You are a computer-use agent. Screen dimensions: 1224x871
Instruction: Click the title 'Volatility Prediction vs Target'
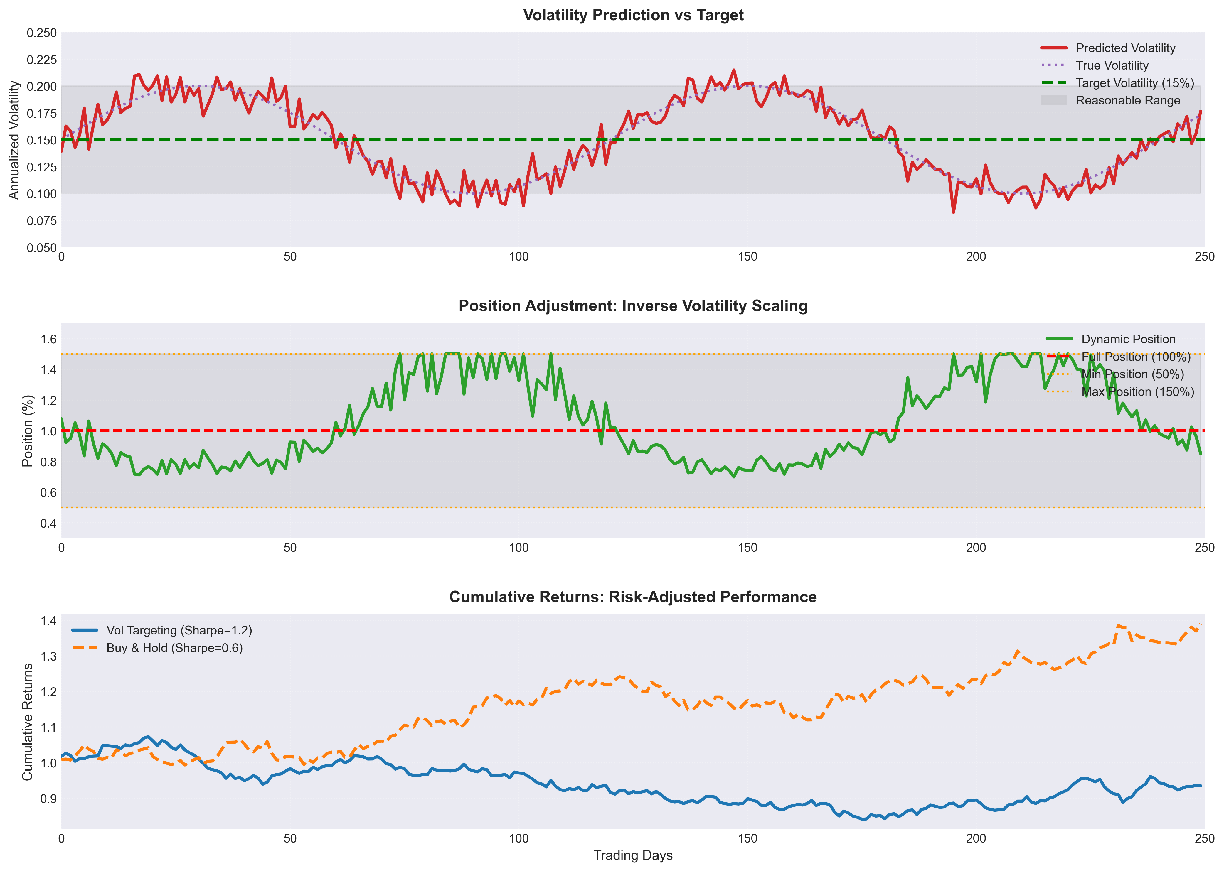click(633, 15)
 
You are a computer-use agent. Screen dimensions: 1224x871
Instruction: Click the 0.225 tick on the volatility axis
click(42, 60)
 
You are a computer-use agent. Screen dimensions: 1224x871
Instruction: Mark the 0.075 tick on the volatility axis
click(42, 220)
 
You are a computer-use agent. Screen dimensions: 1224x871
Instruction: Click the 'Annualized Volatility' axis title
click(14, 140)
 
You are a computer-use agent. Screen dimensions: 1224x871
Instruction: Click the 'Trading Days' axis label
click(633, 855)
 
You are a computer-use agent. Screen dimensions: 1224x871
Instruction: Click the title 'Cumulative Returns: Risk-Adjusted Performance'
click(633, 597)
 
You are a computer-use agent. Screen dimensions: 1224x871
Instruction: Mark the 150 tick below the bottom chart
click(747, 838)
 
